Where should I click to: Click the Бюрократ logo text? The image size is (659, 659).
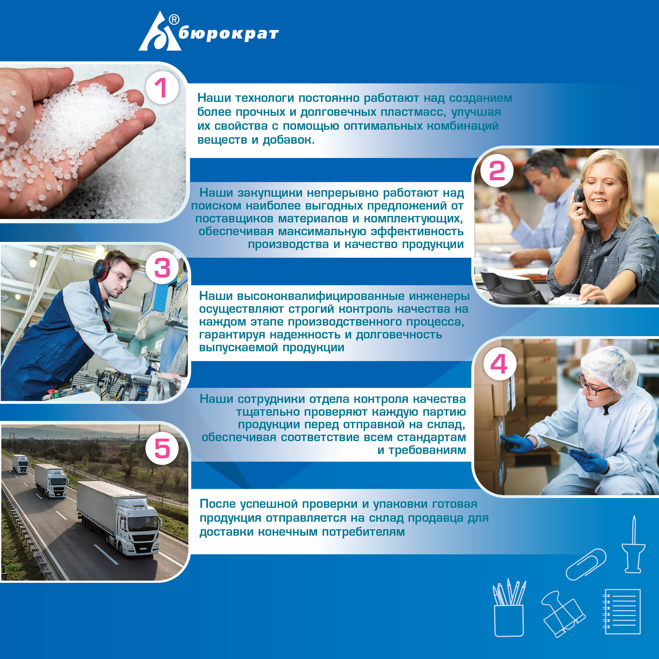click(228, 34)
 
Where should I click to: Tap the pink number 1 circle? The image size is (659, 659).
click(162, 88)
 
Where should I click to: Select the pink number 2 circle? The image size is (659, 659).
click(497, 170)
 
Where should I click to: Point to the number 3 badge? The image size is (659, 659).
click(162, 268)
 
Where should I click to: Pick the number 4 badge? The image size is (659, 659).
click(499, 364)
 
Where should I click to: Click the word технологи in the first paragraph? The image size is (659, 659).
click(265, 98)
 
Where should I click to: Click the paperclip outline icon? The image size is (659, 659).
click(586, 564)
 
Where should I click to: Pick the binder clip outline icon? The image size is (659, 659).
click(563, 614)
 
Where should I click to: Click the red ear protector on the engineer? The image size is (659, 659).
click(101, 270)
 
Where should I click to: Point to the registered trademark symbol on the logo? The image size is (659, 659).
click(174, 20)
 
